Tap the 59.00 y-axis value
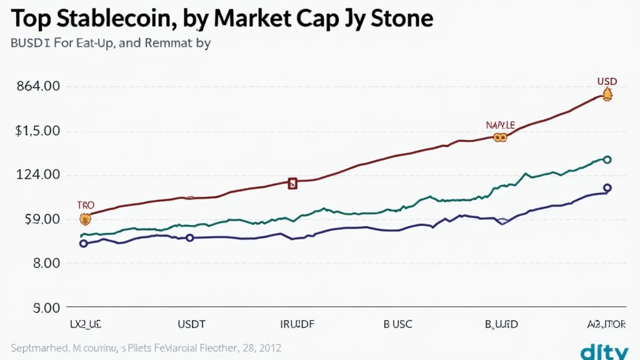[38, 219]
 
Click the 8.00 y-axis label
[42, 263]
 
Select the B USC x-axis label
[397, 324]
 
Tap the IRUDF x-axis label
[297, 324]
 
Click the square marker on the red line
[292, 183]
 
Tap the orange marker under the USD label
[607, 95]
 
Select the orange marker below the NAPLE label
[499, 137]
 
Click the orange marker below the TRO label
[86, 219]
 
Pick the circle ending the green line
[607, 160]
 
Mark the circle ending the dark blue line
[607, 187]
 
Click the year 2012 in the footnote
[269, 347]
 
